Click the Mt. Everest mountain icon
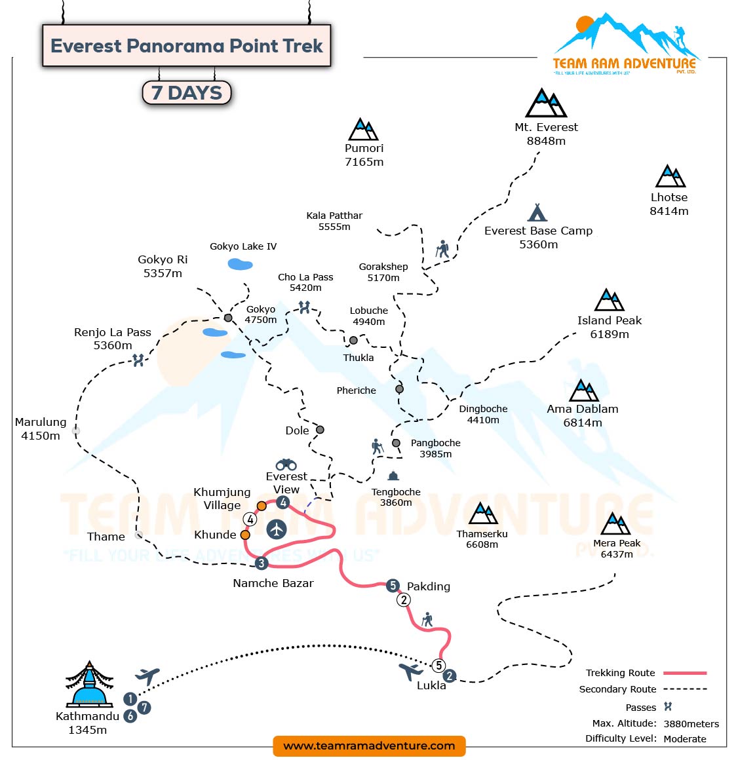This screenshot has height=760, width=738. (546, 104)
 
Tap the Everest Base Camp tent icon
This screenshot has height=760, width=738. (537, 212)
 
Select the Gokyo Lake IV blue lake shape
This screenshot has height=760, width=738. (240, 264)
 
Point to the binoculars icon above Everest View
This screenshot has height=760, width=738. (286, 465)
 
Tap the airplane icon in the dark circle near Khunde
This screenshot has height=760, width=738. (277, 529)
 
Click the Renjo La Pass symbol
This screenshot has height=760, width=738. (138, 360)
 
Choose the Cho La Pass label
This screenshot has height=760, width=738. (305, 282)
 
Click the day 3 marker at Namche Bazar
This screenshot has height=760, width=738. (262, 563)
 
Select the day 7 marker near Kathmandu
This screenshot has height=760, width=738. (144, 708)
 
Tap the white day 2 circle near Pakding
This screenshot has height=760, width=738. (404, 599)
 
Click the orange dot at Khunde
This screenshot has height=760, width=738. (245, 535)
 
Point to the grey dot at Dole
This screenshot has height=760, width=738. (320, 430)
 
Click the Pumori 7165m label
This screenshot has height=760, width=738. (364, 155)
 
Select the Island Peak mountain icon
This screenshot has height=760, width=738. (609, 300)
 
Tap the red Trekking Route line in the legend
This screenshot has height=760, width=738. (685, 673)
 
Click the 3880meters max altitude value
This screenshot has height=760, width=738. (691, 724)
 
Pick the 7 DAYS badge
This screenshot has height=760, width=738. (187, 93)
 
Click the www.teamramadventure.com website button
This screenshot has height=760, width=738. (369, 746)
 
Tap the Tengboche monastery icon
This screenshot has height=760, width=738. (393, 476)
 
